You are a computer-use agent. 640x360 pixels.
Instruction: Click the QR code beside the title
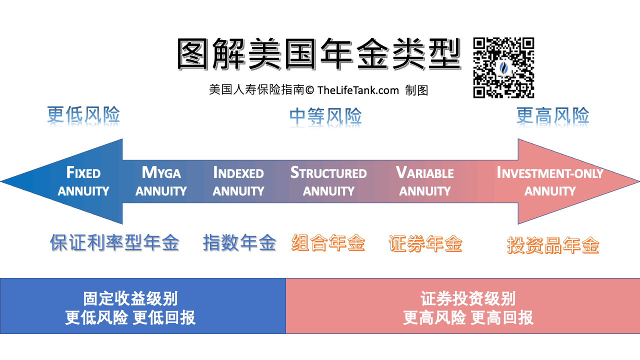coord(503,67)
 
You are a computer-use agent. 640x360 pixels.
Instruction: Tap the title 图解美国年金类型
coord(319,54)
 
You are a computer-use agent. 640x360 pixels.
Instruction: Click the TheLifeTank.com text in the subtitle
coord(358,90)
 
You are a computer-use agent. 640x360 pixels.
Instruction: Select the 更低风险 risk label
coord(83,115)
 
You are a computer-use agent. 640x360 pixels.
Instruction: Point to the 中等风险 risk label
coord(325,116)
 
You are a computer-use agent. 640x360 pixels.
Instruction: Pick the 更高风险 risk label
coord(553,115)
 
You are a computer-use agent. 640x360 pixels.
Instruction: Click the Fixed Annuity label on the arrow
coord(83,181)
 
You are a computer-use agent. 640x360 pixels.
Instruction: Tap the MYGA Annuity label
coord(161,181)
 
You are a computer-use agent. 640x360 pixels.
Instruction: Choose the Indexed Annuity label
coord(238,181)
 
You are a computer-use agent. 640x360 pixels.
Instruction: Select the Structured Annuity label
coord(328,181)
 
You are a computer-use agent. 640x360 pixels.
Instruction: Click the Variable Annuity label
coord(425,181)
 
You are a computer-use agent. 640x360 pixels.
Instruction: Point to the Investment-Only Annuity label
coord(550,181)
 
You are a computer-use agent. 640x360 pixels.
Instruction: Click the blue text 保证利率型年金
coord(115,243)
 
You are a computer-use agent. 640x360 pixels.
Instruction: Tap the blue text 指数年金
coord(239,243)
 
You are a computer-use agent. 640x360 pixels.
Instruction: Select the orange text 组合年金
coord(328,243)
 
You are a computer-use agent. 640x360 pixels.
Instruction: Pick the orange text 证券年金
coord(425,243)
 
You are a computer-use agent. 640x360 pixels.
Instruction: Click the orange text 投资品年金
coord(553,245)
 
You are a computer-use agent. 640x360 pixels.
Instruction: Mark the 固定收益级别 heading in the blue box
coord(130,298)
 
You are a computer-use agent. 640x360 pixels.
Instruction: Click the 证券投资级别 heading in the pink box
coord(468,298)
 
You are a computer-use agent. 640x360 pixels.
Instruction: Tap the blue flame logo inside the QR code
coord(503,67)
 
